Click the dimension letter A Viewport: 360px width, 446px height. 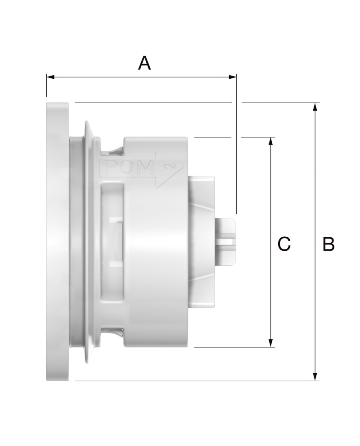pos(144,63)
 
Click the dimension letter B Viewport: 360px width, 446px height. pos(328,244)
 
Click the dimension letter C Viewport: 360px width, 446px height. pos(284,244)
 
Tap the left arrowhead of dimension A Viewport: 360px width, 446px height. pos(50,77)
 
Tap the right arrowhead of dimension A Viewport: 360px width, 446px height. pos(233,77)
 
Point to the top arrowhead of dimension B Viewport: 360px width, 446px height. pos(315,107)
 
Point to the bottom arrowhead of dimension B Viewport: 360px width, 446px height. pos(315,377)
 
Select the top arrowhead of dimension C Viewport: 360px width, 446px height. pos(271,141)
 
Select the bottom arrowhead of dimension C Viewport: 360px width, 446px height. pos(271,343)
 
